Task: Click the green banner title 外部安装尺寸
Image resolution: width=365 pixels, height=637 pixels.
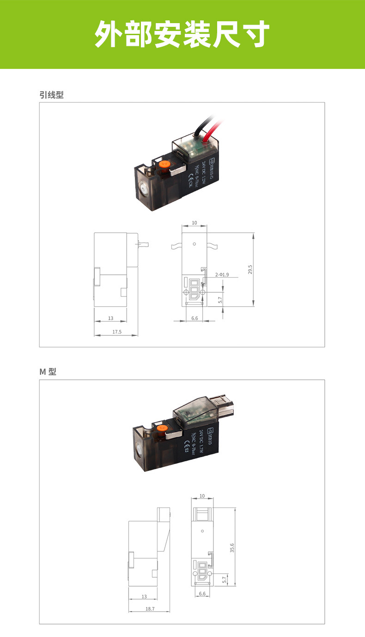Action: click(182, 34)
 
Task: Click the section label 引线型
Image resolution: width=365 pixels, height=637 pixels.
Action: click(51, 95)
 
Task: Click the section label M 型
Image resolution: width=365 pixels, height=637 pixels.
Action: click(48, 371)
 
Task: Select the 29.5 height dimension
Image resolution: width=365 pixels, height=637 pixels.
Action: click(250, 269)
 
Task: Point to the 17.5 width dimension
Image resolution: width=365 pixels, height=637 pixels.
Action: click(116, 332)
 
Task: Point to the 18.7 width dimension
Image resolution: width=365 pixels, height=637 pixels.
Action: click(150, 609)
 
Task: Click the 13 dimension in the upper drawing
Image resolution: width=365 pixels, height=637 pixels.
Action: click(110, 318)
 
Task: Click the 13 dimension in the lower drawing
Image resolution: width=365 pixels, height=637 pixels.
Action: click(144, 596)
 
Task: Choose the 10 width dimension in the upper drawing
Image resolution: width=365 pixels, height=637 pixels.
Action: click(194, 223)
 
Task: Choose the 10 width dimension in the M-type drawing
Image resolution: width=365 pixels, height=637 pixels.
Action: click(202, 496)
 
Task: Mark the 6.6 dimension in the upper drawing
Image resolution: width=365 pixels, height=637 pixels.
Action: click(194, 318)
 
